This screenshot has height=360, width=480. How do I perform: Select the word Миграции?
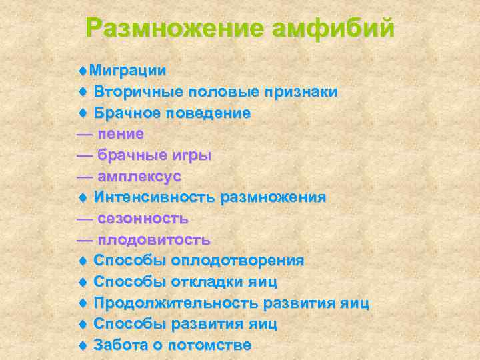pos(128,70)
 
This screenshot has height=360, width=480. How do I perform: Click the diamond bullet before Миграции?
pos(83,70)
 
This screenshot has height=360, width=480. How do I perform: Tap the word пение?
pos(121,134)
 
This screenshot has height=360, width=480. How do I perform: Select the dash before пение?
pos(85,134)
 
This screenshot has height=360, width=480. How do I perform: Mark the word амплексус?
pos(139,177)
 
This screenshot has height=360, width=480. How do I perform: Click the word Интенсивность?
pos(155,197)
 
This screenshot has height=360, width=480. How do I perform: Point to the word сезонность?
pos(143,219)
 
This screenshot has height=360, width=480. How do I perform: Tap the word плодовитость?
pos(154,240)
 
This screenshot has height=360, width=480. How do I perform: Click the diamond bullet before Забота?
pos(83,345)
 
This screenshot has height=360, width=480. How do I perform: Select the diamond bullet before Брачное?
pos(83,113)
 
